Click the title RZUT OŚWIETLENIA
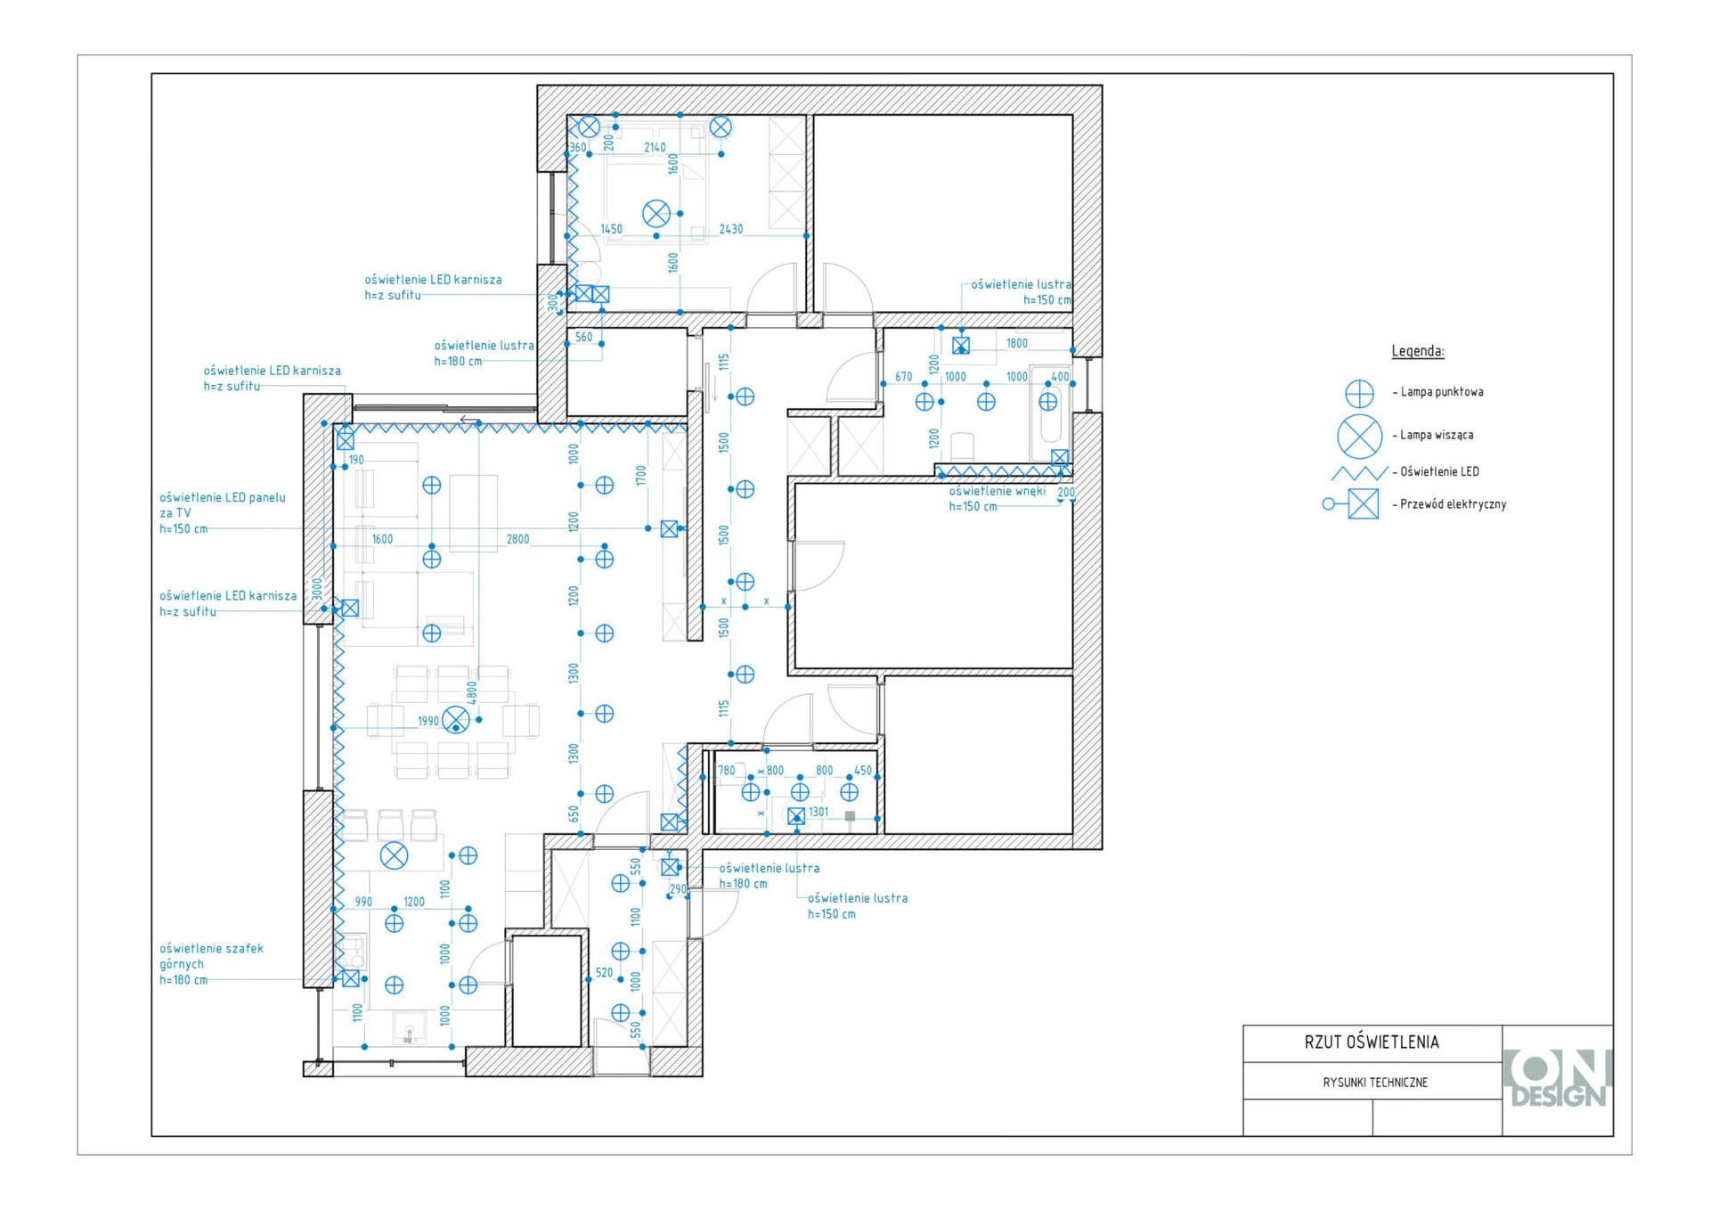click(x=1372, y=1042)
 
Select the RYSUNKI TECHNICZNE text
click(x=1375, y=1083)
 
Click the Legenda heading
click(x=1418, y=351)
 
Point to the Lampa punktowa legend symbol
click(x=1359, y=393)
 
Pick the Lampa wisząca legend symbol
click(x=1359, y=437)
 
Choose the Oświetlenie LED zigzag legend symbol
click(x=1359, y=472)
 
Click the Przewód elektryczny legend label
click(x=1453, y=504)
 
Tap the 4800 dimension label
click(x=472, y=692)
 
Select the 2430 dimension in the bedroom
click(x=731, y=229)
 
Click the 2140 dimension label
click(x=655, y=147)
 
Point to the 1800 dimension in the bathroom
click(x=1017, y=343)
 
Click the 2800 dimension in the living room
click(x=517, y=539)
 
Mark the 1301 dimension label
click(x=818, y=812)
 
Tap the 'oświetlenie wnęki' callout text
click(x=997, y=491)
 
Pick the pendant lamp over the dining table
click(x=456, y=719)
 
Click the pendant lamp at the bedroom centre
click(x=656, y=214)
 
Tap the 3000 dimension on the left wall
click(x=317, y=589)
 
